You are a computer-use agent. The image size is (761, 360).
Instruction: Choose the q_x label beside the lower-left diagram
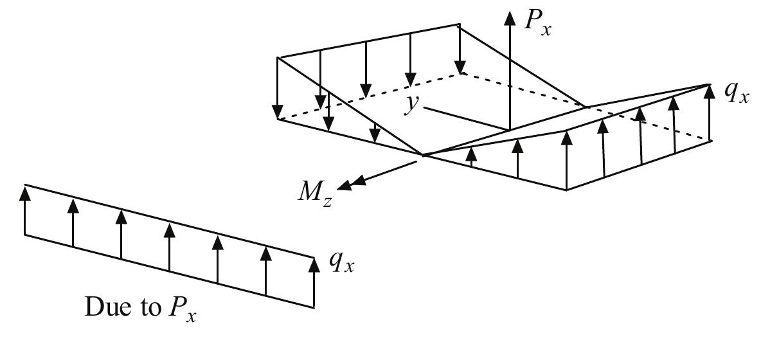(341, 264)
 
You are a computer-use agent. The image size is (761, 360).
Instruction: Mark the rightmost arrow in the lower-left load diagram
(314, 283)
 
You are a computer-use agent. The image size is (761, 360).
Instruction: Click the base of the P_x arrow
(509, 129)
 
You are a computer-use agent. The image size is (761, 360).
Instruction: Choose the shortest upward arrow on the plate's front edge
(472, 157)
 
